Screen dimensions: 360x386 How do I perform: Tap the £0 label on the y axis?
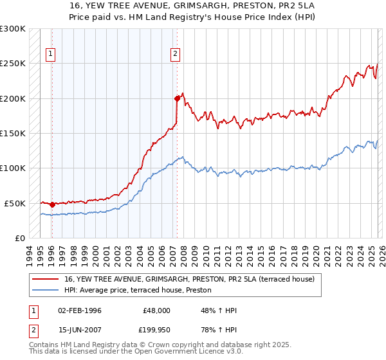[20, 238]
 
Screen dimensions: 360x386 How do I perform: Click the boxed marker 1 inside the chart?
[51, 55]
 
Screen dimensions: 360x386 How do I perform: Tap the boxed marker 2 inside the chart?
[175, 55]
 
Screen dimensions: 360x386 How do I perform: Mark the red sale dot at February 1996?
[52, 204]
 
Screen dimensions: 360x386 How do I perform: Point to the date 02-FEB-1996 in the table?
[80, 310]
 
